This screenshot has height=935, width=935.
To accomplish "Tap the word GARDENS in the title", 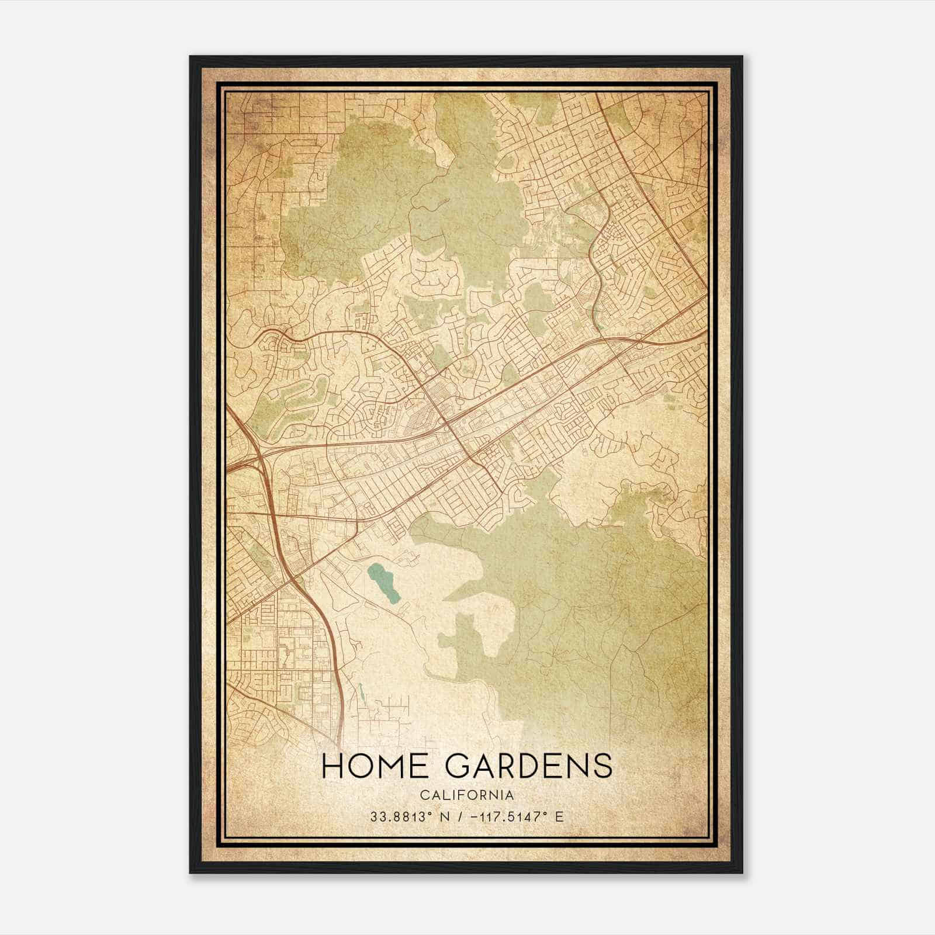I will pyautogui.click(x=528, y=766).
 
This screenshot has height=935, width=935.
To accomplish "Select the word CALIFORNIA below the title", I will pyautogui.click(x=466, y=795).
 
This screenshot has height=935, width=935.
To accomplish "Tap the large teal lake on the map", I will pyautogui.click(x=383, y=583).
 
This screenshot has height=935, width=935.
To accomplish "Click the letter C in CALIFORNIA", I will pyautogui.click(x=423, y=795).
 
